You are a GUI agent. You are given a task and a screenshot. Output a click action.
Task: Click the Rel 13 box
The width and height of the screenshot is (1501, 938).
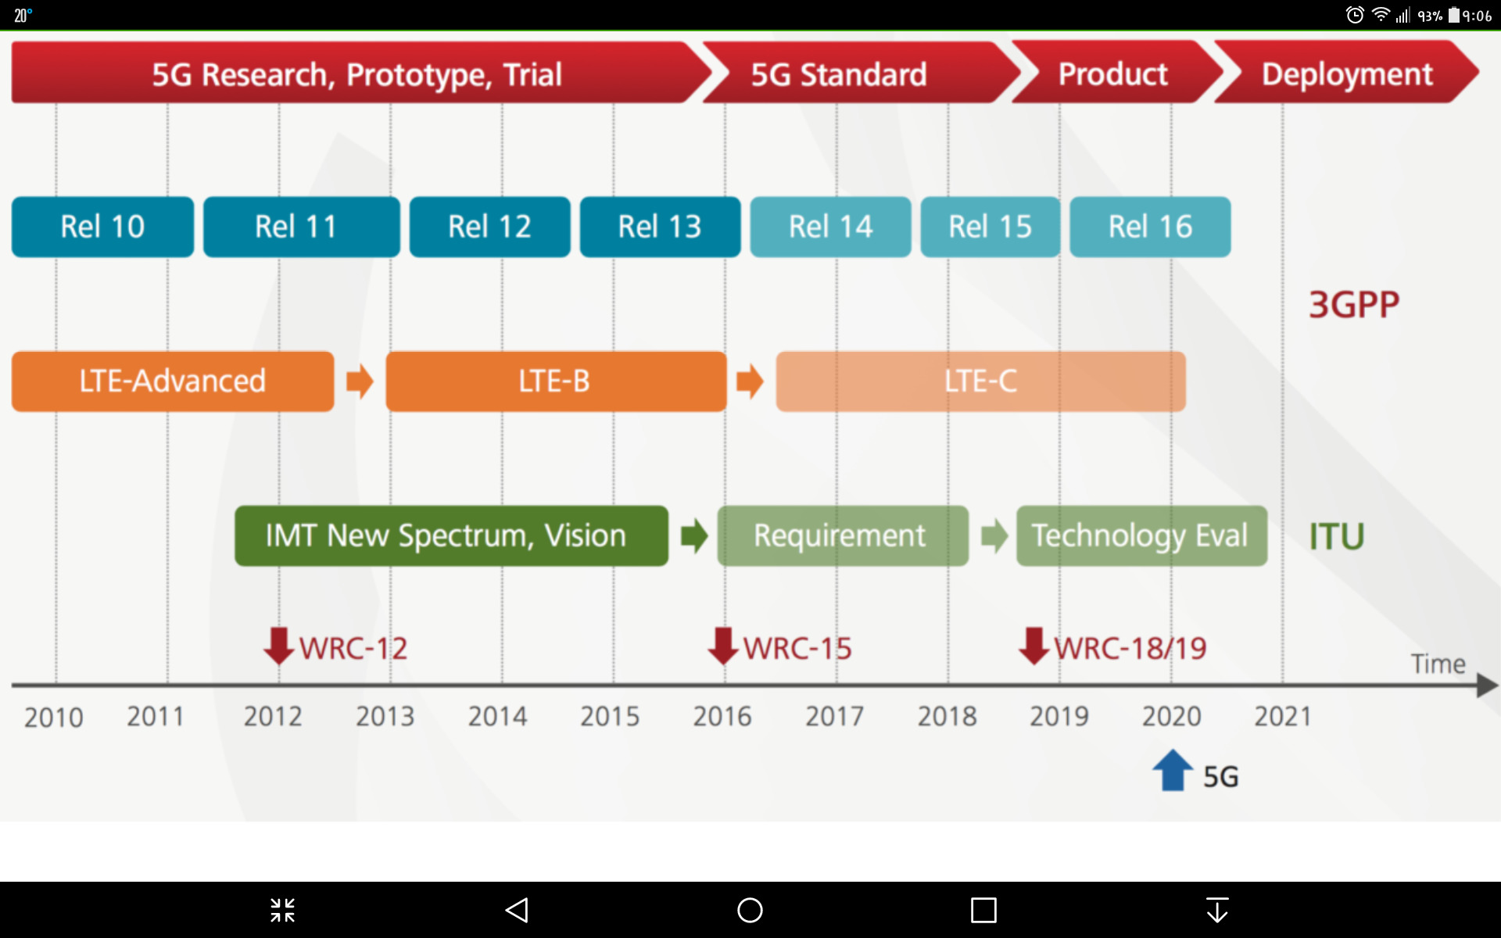point(660,227)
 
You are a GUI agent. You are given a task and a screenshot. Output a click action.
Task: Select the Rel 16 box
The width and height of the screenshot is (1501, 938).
point(1150,227)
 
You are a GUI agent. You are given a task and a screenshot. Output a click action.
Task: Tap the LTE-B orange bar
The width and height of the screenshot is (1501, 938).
point(556,381)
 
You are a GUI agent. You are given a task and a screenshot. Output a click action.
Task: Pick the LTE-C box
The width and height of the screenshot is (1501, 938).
point(980,381)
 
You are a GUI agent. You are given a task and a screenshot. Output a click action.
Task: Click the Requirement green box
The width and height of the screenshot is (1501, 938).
point(843,536)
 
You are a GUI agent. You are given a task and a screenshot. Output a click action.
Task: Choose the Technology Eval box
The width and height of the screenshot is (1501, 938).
point(1141,536)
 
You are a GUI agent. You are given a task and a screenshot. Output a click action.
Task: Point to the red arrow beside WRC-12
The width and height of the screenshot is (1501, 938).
point(278,646)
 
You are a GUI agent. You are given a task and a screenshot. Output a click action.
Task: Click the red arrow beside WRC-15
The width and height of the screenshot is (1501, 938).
point(723,646)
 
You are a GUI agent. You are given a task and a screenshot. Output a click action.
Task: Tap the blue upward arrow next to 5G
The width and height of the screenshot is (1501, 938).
point(1173,770)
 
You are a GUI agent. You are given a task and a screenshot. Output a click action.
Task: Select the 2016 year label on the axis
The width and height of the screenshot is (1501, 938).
point(722,716)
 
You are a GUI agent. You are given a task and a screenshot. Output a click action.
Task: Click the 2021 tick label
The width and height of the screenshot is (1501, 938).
point(1283,716)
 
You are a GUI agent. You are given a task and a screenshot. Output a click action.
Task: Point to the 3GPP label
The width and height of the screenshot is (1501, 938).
point(1354,305)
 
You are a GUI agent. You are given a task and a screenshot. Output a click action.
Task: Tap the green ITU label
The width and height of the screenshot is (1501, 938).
point(1337,537)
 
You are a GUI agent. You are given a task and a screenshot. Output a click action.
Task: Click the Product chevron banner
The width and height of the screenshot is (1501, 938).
point(1116,72)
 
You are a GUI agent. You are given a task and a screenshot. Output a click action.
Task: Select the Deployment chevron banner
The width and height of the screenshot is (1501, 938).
point(1346,72)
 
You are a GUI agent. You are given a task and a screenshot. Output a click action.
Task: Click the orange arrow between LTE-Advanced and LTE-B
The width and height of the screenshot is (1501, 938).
point(360,381)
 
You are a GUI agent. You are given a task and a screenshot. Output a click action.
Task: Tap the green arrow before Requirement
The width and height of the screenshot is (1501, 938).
point(694,536)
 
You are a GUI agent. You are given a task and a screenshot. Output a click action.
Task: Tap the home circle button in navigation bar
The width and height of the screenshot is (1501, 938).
point(750,910)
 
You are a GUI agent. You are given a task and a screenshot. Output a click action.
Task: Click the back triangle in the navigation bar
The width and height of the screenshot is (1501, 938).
point(517,910)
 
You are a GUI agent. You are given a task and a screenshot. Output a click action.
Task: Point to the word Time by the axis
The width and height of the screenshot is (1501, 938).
point(1438,664)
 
